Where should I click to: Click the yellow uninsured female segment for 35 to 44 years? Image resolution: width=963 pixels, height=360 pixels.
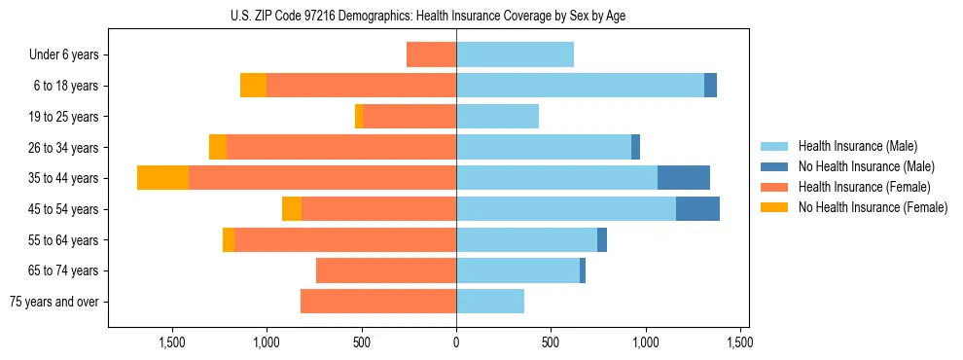tap(162, 178)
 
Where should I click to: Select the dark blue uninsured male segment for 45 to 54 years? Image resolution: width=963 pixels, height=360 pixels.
tap(697, 209)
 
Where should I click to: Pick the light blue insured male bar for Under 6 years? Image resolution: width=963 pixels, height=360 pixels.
tap(515, 55)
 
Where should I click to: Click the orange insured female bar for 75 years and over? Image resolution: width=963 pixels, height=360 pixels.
tap(378, 302)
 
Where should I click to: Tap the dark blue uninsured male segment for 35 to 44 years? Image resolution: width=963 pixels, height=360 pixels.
tap(684, 178)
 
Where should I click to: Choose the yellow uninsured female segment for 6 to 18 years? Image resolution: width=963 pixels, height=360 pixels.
tap(253, 86)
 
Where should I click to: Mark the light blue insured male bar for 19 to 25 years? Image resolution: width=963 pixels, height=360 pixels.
tap(497, 117)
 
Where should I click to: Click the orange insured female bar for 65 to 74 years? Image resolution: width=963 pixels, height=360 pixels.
tap(386, 270)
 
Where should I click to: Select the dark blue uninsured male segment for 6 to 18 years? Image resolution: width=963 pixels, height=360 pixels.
tap(710, 86)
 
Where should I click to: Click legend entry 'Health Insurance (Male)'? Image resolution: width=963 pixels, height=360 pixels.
tap(857, 146)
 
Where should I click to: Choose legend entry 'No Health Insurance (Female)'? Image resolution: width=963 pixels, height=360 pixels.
tap(873, 207)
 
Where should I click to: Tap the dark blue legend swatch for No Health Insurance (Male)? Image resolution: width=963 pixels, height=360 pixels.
tap(774, 166)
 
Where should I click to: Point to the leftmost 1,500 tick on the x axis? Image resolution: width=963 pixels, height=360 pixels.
tap(172, 343)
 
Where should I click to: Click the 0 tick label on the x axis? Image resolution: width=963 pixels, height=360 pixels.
tap(456, 343)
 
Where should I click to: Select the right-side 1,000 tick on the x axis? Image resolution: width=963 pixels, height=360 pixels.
tap(646, 343)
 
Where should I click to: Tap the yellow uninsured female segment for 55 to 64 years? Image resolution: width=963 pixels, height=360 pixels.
tap(229, 240)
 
